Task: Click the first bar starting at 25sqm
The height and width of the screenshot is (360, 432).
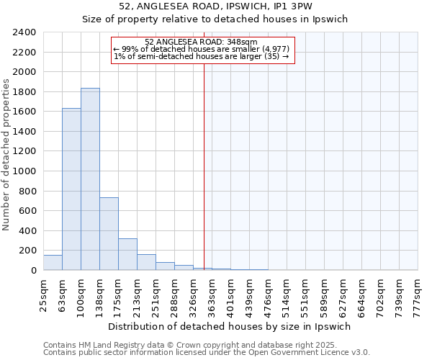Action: pos(53,262)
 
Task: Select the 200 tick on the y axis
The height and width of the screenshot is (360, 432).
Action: pos(28,251)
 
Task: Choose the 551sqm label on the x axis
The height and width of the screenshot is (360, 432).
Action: pos(306,294)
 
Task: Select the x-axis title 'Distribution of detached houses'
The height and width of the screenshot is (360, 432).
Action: pos(230,326)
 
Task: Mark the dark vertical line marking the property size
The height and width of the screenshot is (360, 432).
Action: pos(204,166)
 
